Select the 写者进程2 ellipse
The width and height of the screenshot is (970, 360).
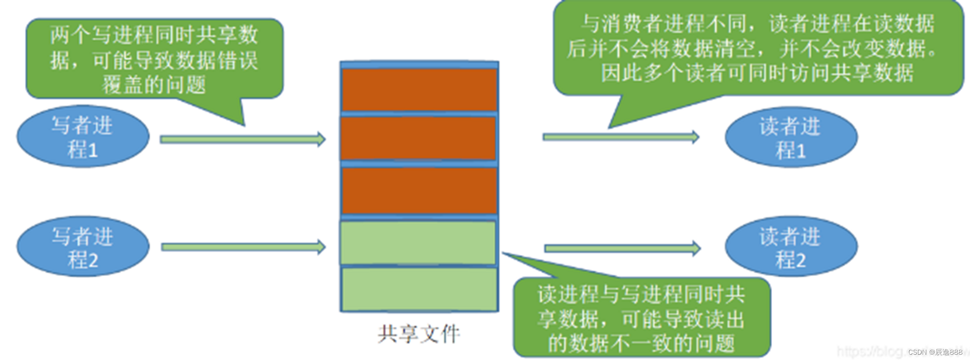point(82,247)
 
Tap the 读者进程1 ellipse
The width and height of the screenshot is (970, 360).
point(791,138)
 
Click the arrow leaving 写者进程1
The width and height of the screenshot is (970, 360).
point(242,140)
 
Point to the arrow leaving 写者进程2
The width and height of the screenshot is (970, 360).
point(242,247)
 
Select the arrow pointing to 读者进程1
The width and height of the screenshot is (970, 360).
point(621,137)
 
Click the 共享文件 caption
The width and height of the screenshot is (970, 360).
point(419,334)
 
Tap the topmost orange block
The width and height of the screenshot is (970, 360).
point(419,90)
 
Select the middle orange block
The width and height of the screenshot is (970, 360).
point(418,138)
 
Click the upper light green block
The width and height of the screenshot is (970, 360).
point(418,243)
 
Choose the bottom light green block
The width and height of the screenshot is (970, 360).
point(419,289)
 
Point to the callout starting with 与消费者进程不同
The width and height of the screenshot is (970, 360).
point(758,48)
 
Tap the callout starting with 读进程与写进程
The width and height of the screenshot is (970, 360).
point(641,318)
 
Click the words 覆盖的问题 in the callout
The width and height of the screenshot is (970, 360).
point(154,85)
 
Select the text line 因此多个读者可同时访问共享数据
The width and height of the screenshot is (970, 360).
point(758,73)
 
